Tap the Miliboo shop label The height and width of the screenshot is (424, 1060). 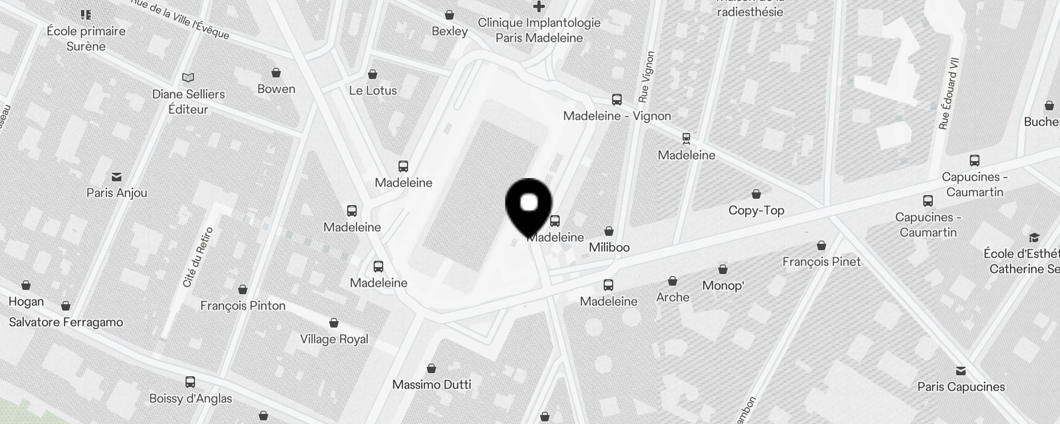coord(609,248)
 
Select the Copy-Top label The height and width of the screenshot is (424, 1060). coord(756,210)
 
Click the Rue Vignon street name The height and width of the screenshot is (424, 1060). coord(647,77)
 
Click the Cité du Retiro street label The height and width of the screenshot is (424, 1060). coord(198,257)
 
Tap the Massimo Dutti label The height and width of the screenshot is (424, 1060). coord(431,385)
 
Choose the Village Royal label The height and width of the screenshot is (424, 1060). coord(334,339)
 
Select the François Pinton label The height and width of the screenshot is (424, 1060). coord(243,306)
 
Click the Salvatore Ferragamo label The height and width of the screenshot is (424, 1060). coord(66,322)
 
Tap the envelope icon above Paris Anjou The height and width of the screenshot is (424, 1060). coord(117,177)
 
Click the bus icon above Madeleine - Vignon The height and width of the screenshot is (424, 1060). coord(616,100)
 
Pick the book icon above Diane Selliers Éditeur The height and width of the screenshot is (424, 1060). coord(188,78)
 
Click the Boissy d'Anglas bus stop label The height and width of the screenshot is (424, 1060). coord(190,399)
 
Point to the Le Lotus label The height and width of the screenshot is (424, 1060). coord(373,91)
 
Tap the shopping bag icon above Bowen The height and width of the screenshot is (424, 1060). coord(276,73)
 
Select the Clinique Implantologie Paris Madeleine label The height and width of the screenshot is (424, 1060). coord(539,30)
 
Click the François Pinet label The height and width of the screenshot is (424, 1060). coord(821,261)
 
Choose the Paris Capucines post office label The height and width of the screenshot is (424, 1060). coord(961,387)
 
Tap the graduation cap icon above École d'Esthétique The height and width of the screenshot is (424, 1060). coord(1034,237)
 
